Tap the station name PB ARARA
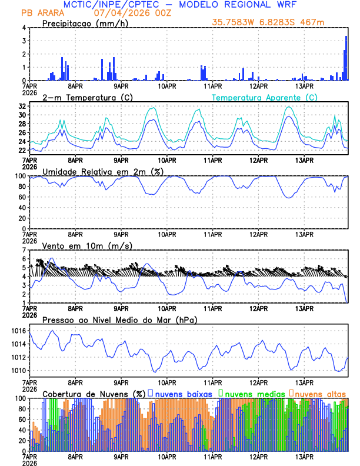(39, 13)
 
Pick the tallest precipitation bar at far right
(346, 58)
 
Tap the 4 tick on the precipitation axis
(23, 28)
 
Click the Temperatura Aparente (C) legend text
(264, 97)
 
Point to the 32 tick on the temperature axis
(21, 106)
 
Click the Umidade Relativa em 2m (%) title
(99, 171)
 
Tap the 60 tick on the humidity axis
(21, 197)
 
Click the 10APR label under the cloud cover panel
(167, 457)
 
